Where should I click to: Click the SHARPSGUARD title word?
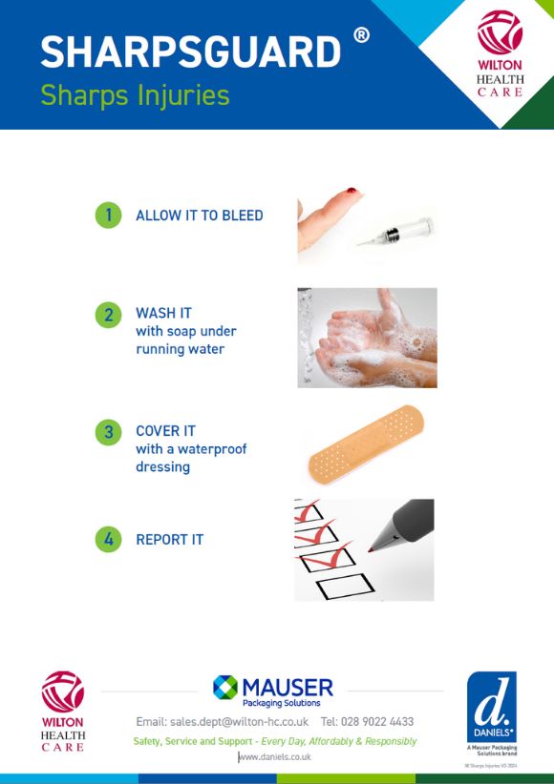(190, 52)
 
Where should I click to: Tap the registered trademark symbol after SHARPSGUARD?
(361, 35)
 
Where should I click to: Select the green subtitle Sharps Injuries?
(135, 95)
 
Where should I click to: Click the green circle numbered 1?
(109, 215)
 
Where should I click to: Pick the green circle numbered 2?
(109, 314)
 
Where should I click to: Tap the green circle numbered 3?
(109, 431)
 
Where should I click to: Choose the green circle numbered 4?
(109, 539)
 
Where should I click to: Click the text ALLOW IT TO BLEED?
(199, 216)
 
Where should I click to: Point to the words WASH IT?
(163, 314)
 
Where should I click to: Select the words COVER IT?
(165, 431)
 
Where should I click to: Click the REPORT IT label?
(169, 540)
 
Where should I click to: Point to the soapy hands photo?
(367, 338)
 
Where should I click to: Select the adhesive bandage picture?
(366, 444)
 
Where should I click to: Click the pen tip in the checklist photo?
(372, 549)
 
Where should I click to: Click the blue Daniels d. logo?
(491, 707)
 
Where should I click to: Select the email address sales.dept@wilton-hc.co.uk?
(222, 722)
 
